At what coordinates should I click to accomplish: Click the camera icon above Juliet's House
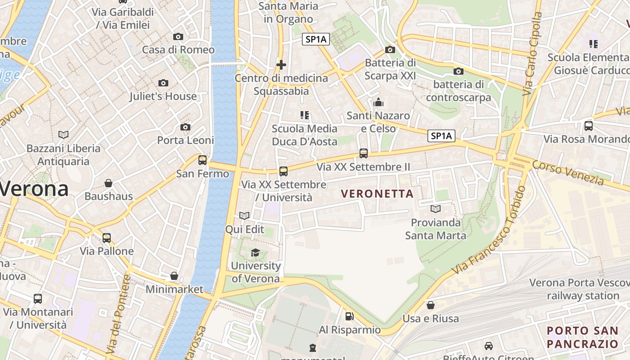pos(163,83)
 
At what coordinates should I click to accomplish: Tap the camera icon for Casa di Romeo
pos(178,36)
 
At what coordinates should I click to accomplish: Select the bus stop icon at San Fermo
pos(202,160)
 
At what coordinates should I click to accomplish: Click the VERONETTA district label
pos(377,194)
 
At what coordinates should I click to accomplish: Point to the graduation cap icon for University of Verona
pos(255,252)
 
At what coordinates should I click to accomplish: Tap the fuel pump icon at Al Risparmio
pos(349,316)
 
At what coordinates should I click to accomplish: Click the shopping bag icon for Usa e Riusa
pos(431,305)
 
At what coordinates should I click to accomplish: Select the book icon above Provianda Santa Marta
pos(435,209)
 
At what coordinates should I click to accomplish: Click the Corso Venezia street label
pos(568,172)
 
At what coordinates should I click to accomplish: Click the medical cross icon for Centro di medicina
pos(281,65)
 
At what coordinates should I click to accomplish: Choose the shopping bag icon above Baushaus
pos(108,183)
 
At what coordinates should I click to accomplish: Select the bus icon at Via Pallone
pos(107,238)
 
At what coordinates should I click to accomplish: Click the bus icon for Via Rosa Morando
pos(588,126)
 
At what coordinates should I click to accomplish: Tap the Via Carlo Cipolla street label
pos(532,54)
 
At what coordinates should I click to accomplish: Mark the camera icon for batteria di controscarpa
pos(458,71)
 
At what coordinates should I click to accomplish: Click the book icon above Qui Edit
pos(244,216)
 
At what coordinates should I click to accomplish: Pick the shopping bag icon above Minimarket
pos(174,276)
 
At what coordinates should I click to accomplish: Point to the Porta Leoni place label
pos(185,140)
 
